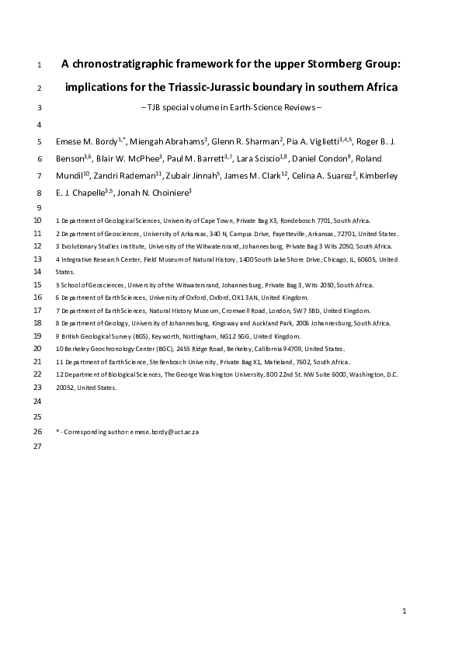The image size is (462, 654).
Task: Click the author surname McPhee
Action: tap(137, 159)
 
